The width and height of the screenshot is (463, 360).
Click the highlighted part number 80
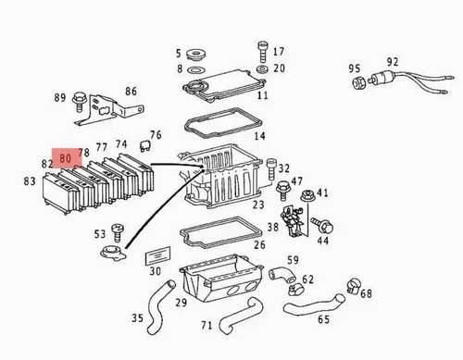(x=66, y=158)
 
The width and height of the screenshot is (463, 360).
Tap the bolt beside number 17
(x=262, y=53)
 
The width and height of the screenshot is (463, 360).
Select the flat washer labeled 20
(x=262, y=68)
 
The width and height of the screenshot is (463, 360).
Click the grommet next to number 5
(x=196, y=54)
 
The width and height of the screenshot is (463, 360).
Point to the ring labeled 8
(x=196, y=69)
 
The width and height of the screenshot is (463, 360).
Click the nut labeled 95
(x=359, y=82)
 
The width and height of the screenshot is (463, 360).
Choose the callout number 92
(x=393, y=62)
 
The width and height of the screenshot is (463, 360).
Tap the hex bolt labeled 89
(x=79, y=102)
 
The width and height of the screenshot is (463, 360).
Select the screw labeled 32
(x=271, y=168)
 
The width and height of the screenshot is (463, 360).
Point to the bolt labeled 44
(x=322, y=226)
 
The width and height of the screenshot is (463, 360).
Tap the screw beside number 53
(x=118, y=233)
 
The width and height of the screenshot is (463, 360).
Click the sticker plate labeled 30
(x=157, y=255)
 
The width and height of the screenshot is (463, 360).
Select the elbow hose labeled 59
(x=282, y=274)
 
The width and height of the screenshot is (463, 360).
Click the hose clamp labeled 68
(x=354, y=286)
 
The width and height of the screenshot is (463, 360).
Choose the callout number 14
(x=259, y=136)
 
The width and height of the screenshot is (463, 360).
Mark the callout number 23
(x=258, y=205)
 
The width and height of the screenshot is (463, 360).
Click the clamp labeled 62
(x=296, y=289)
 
